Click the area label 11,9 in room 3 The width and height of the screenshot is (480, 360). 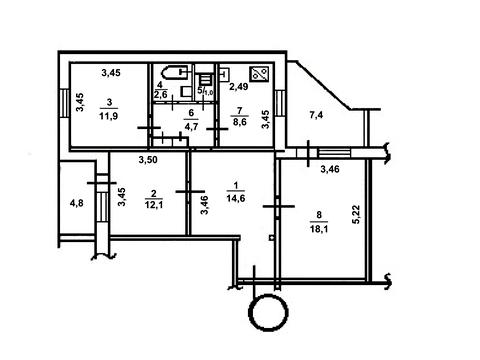[108, 116]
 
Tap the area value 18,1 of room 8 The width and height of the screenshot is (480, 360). [319, 229]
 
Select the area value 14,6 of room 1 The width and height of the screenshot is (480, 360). [236, 199]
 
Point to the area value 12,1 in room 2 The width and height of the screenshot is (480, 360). [154, 205]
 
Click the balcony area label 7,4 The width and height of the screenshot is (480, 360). [316, 116]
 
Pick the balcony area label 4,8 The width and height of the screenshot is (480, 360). [76, 203]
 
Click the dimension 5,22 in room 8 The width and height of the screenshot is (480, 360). [356, 214]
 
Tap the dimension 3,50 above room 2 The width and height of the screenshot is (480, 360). [148, 160]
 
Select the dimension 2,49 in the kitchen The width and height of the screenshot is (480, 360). [239, 87]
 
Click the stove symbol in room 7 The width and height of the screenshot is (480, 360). [259, 74]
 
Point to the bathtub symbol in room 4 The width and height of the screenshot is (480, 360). [174, 72]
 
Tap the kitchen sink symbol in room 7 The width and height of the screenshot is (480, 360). [224, 74]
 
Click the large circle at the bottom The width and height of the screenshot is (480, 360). [268, 312]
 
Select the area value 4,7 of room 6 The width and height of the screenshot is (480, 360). [191, 127]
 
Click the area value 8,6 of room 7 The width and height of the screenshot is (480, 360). [240, 122]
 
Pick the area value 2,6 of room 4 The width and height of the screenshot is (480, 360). [160, 95]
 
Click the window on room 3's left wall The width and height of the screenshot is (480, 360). [65, 103]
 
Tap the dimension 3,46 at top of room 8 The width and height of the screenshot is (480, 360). [330, 169]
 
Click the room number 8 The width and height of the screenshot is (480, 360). [319, 215]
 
